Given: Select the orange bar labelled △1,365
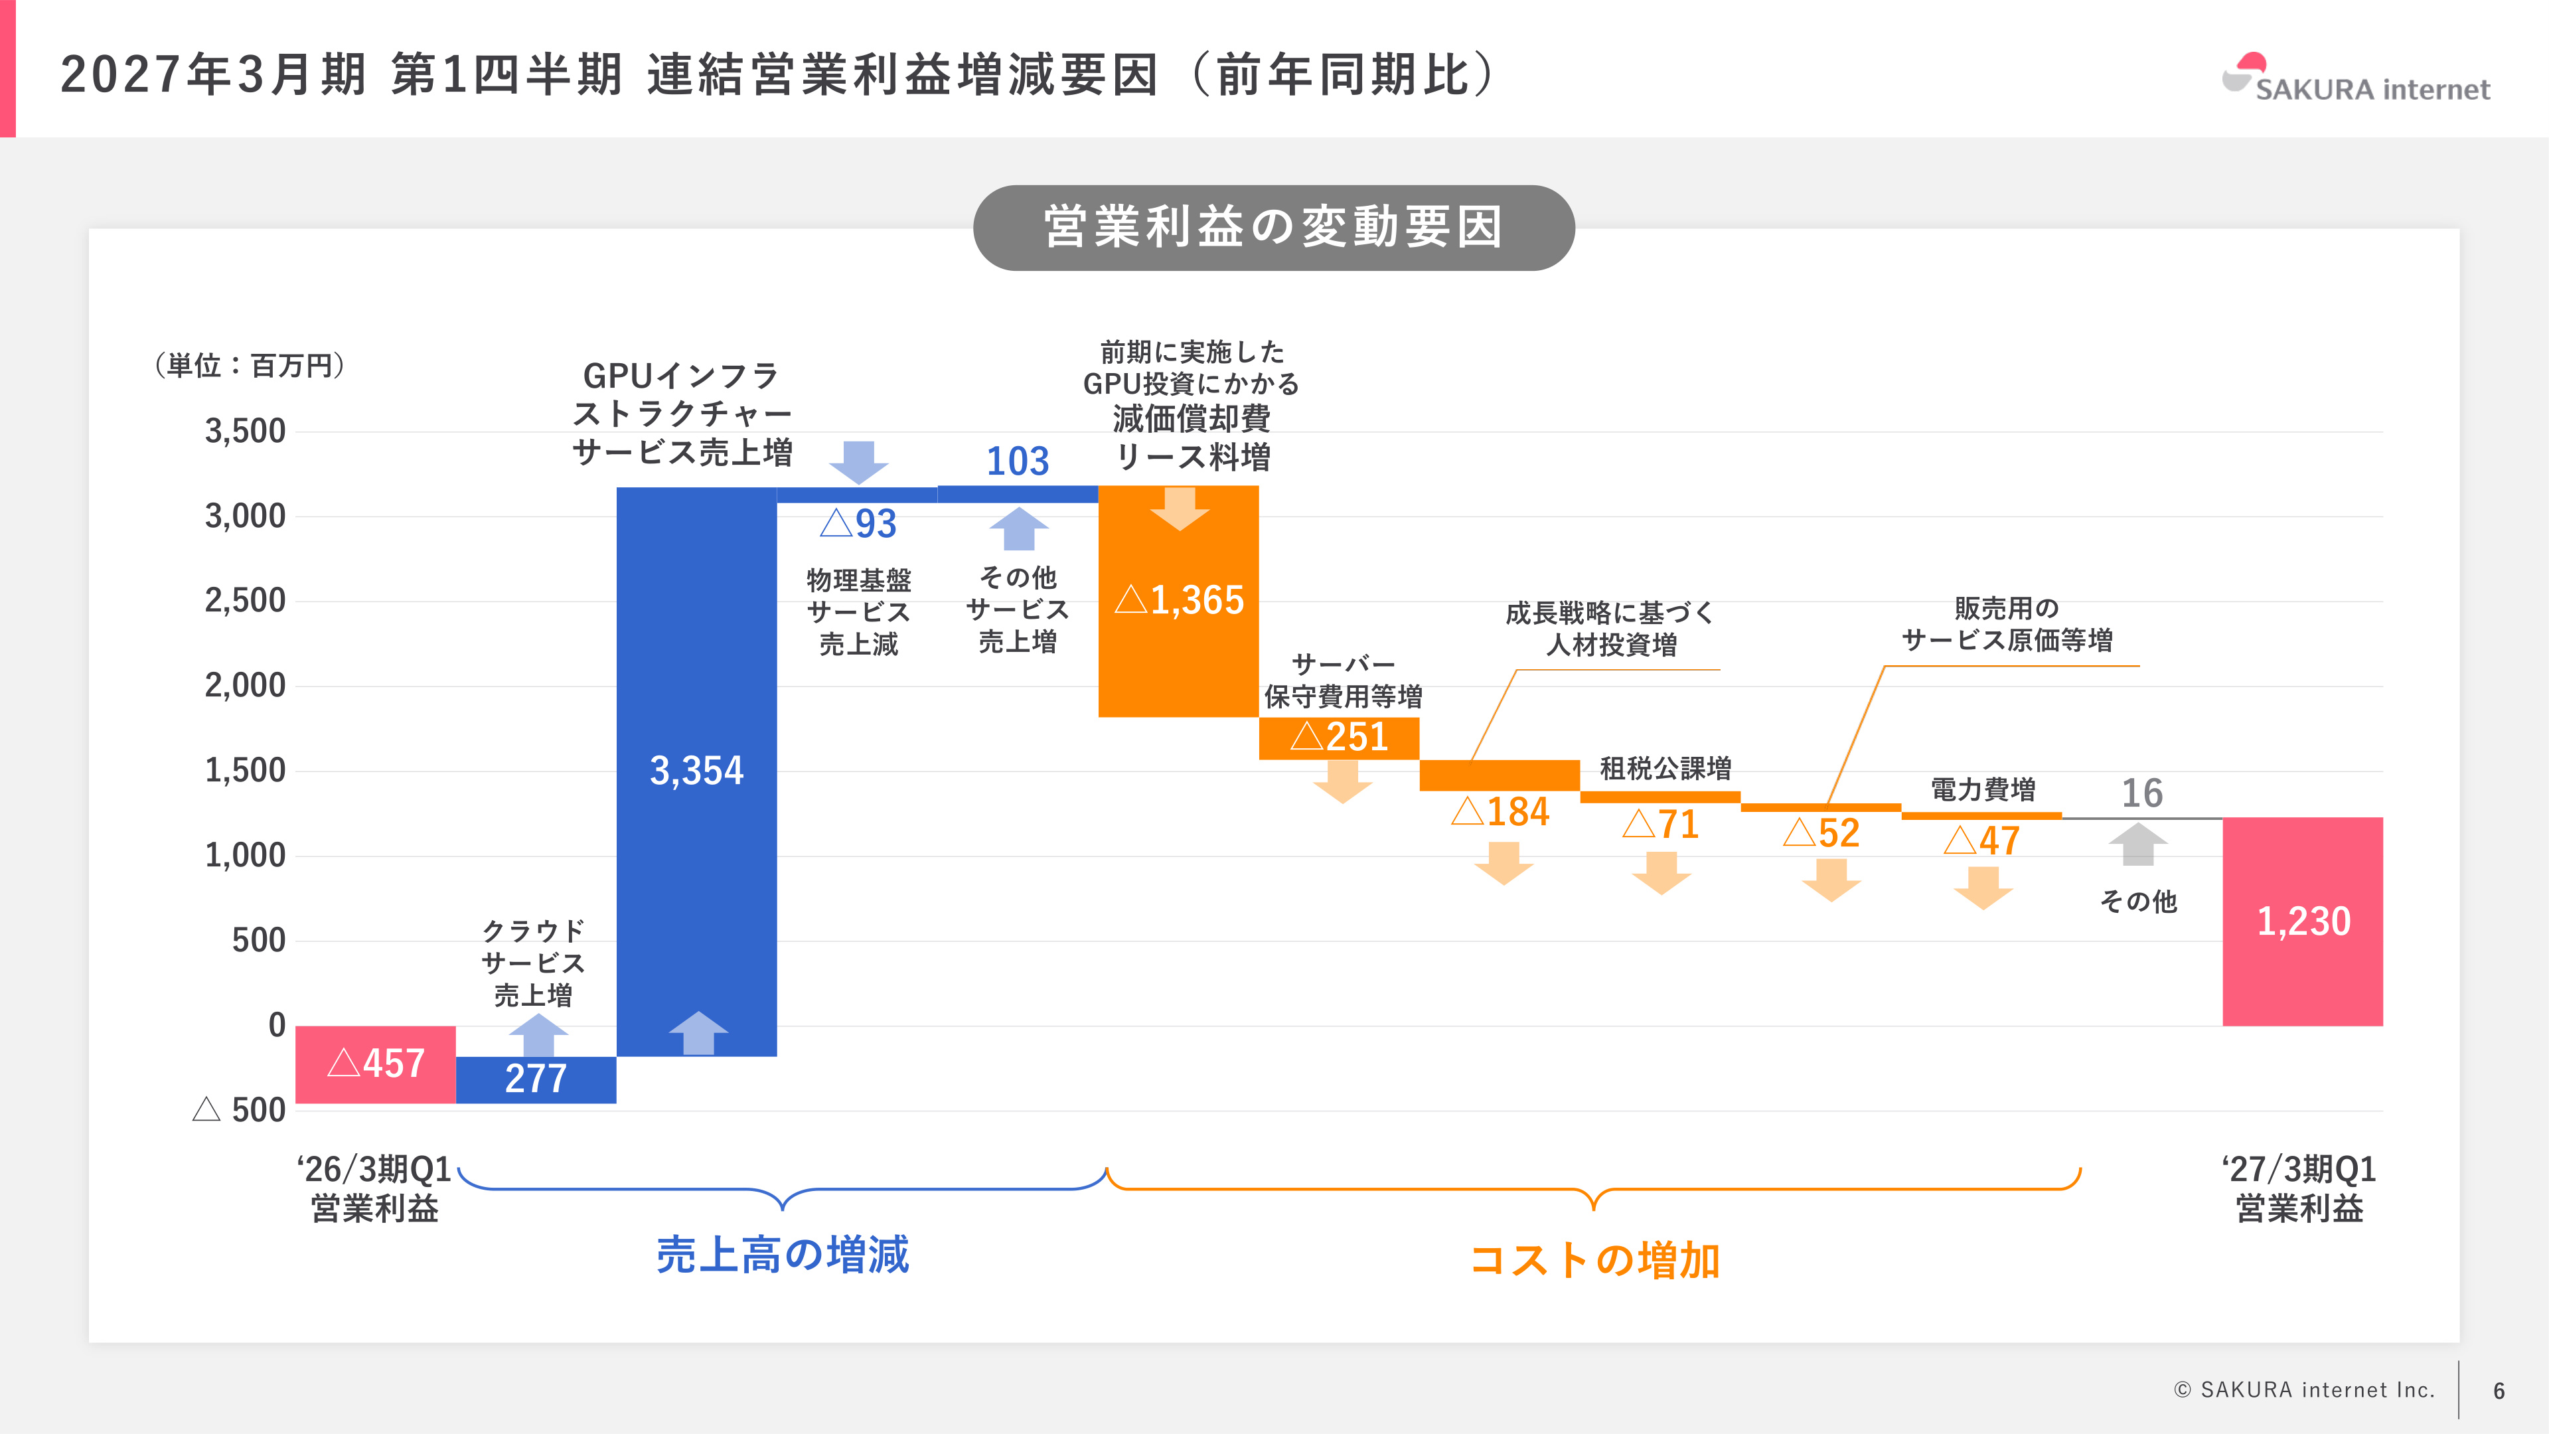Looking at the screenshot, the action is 1178,601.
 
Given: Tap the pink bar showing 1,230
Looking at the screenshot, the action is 2303,921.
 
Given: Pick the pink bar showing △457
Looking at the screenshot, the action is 376,1064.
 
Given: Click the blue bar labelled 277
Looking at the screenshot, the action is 536,1079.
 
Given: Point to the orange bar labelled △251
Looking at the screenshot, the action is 1339,738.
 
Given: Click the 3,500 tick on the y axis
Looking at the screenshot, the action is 246,432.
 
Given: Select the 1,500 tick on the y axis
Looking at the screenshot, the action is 246,771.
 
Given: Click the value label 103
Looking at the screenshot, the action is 1017,461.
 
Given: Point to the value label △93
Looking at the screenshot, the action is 858,524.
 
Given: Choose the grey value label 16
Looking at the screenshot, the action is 2141,794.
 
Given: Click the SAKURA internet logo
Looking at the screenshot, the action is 2355,78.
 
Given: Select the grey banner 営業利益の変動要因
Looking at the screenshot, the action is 1274,228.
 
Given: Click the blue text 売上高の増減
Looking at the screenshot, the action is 783,1255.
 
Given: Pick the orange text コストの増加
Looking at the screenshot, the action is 1594,1261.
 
